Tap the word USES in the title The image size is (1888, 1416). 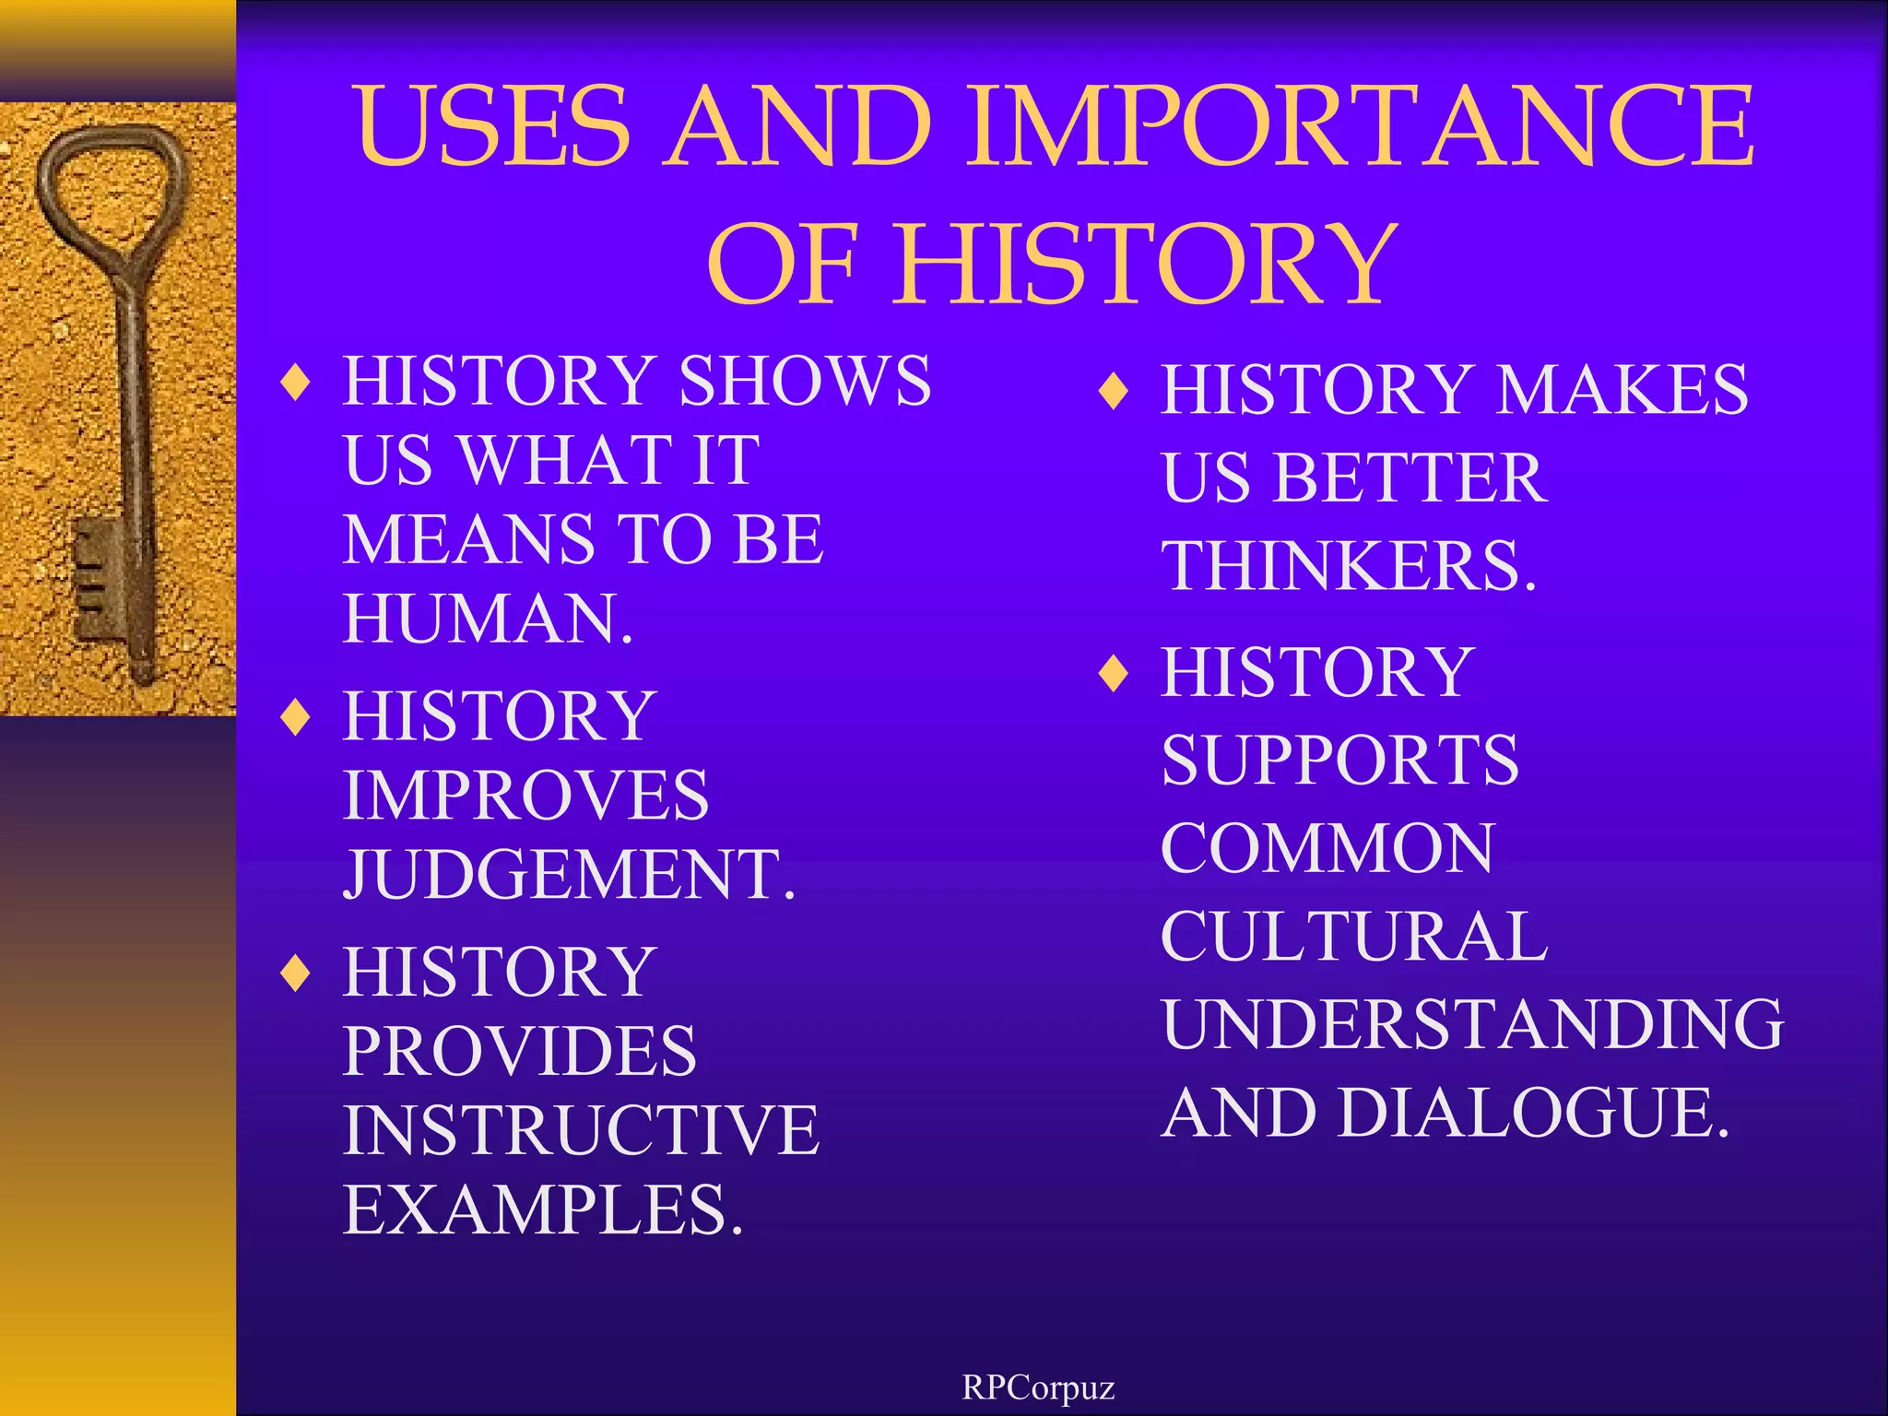pos(494,127)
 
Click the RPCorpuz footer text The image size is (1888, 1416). pos(1038,1386)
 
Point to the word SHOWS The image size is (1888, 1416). pos(805,381)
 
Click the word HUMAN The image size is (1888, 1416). pos(488,619)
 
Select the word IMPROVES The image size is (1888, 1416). pos(525,796)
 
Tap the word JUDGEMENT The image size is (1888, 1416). pos(569,874)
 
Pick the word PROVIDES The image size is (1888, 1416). pos(520,1051)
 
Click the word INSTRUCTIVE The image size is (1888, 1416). pos(581,1130)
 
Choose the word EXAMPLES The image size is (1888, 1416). pos(543,1209)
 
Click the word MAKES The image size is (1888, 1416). pos(1622,389)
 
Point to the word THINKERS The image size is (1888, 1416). pos(1349,566)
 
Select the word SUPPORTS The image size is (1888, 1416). pos(1339,761)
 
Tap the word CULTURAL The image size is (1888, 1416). pos(1354,937)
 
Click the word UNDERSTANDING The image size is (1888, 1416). pos(1472,1024)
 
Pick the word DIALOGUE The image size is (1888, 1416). pos(1533,1113)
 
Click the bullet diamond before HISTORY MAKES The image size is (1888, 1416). pos(1114,391)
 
